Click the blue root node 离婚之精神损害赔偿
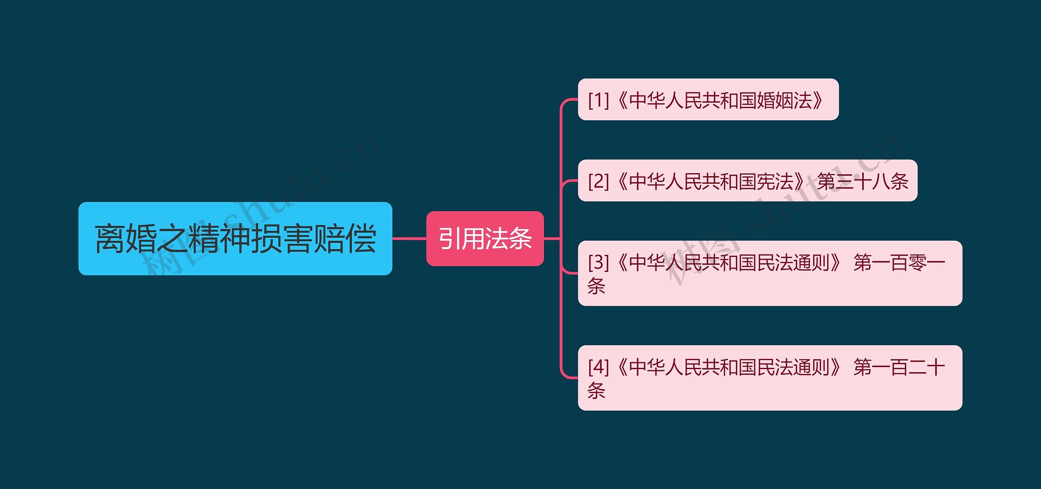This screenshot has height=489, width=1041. point(235,239)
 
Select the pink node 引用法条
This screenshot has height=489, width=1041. point(485,239)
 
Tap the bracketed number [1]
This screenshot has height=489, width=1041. point(598,100)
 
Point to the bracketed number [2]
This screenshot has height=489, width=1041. point(598,181)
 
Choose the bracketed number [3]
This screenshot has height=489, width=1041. point(598,262)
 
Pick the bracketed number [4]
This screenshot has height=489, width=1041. point(598,367)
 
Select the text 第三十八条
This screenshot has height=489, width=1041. point(862,181)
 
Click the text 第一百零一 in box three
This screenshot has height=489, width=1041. point(899,262)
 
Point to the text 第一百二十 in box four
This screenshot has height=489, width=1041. point(899,367)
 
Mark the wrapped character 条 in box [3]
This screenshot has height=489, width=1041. point(596,286)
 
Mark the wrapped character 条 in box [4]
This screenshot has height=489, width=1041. point(596,391)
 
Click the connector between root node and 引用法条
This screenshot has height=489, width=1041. point(409,239)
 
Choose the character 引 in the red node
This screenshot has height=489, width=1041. point(450,239)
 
